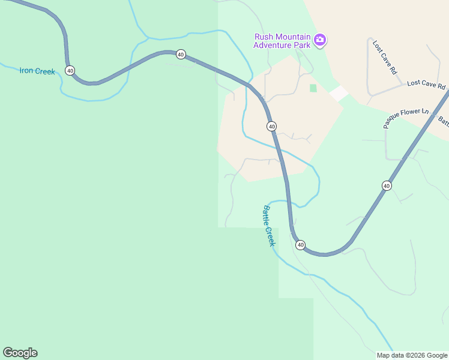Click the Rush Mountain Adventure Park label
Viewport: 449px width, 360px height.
coord(282,41)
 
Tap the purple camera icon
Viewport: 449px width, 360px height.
coord(321,40)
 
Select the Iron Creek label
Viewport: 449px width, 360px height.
coord(37,71)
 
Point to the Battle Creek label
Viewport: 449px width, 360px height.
coord(268,226)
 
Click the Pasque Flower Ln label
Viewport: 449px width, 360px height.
coord(407,118)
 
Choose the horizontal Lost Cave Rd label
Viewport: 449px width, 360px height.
coord(426,86)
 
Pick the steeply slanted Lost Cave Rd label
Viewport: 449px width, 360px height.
coord(385,58)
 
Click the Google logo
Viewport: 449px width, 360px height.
coord(20,353)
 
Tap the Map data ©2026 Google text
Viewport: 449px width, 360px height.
coord(412,355)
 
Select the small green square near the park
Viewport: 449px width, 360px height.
coord(313,88)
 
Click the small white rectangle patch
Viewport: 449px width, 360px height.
coord(339,93)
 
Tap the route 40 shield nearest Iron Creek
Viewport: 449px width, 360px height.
coord(70,71)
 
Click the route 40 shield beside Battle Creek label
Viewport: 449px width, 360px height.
coord(300,245)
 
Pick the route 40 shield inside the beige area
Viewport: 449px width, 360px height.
coord(272,126)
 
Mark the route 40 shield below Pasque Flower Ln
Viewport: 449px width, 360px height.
coord(387,186)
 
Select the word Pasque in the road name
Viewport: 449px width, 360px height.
coord(393,122)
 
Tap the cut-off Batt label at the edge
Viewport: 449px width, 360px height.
coord(443,121)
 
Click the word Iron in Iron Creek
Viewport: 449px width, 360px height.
coord(27,71)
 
